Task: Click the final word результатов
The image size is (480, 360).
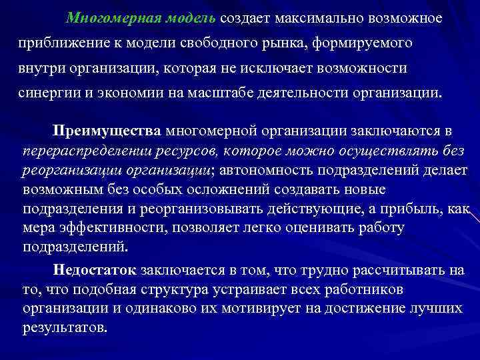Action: coord(64,329)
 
